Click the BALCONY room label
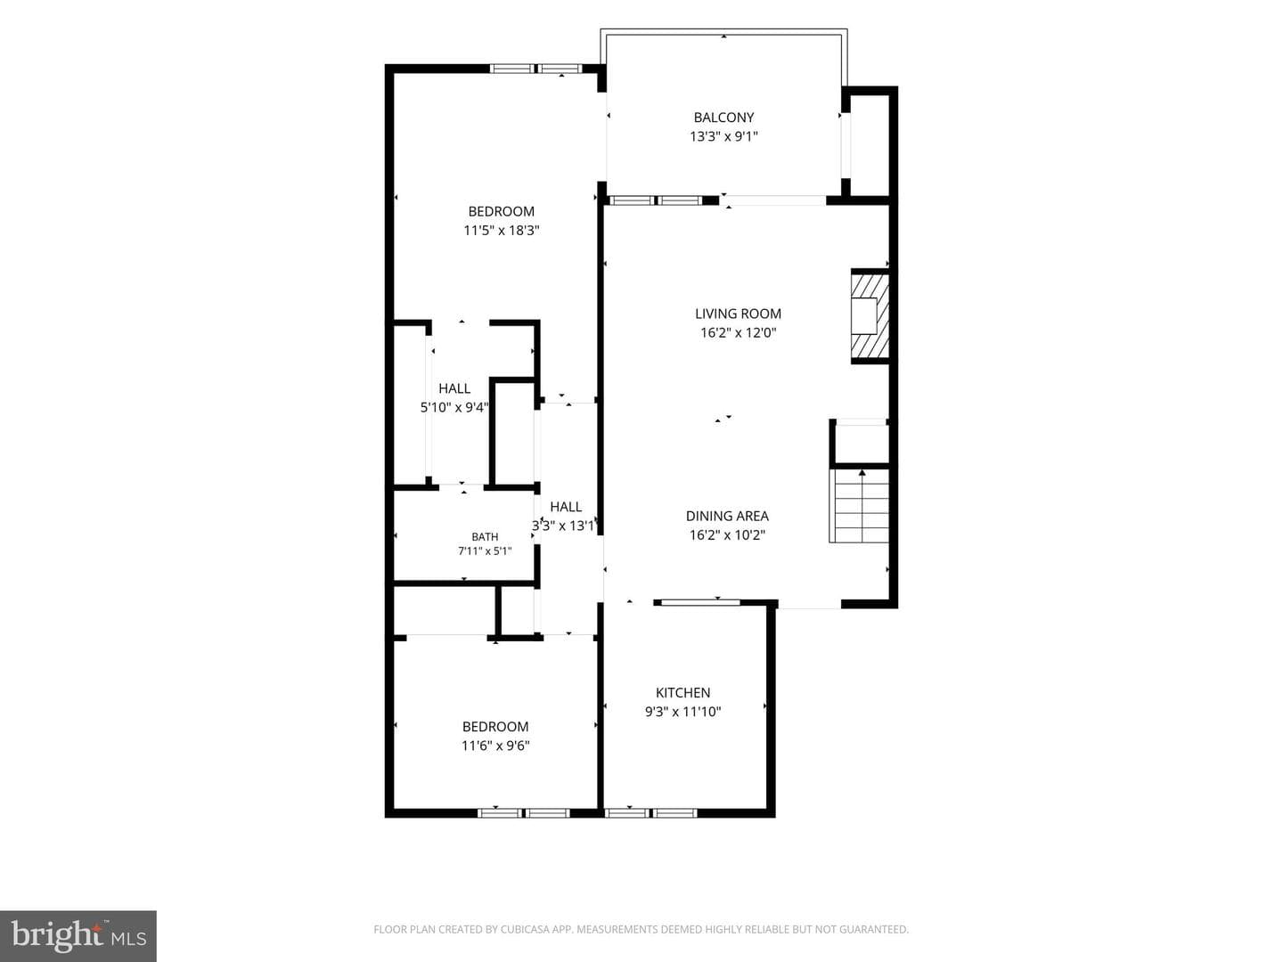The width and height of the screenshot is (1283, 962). click(723, 118)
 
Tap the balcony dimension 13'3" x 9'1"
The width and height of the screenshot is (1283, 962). click(723, 136)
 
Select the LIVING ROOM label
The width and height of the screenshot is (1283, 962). click(738, 314)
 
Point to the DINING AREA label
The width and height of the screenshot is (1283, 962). click(727, 516)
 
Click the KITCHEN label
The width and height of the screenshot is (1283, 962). click(682, 693)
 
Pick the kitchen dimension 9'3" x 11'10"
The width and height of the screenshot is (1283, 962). click(682, 712)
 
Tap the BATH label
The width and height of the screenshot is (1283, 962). click(485, 537)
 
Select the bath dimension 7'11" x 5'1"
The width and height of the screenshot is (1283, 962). click(485, 550)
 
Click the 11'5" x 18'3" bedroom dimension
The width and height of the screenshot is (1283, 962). click(502, 230)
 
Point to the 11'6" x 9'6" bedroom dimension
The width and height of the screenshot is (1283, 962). click(495, 746)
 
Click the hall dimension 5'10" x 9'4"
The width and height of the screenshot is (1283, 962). click(454, 407)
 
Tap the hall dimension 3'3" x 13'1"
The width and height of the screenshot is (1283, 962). click(563, 526)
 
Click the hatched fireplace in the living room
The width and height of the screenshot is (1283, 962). click(870, 316)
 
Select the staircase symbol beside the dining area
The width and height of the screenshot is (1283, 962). click(859, 505)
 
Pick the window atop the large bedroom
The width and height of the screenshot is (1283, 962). click(535, 69)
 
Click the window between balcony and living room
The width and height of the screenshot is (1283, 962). click(655, 200)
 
